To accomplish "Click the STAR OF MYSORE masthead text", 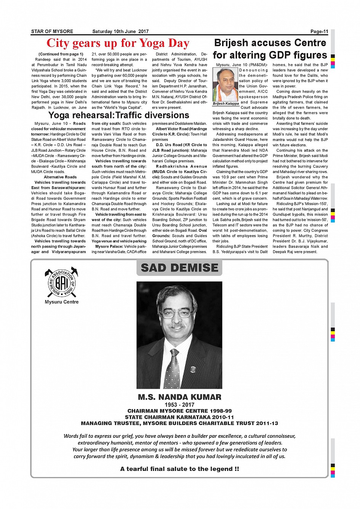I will (x=52, y=32).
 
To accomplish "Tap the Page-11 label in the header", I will (x=319, y=32).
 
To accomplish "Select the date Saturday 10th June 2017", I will (x=120, y=32).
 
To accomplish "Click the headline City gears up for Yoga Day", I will (x=118, y=43).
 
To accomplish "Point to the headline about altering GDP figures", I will (x=270, y=49).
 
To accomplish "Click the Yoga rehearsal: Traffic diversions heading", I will (x=119, y=115).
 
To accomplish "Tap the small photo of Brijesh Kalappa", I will (x=226, y=85).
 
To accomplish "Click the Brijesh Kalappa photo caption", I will (x=226, y=104).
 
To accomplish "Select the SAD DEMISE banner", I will (x=179, y=268).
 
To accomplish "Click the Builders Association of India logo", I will (x=61, y=283).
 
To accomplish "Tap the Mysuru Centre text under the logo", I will (x=62, y=302).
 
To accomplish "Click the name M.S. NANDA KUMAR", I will (x=179, y=397).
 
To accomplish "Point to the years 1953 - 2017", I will (x=179, y=405).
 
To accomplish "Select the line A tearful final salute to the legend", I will (x=179, y=469).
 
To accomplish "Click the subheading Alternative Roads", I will (x=60, y=177).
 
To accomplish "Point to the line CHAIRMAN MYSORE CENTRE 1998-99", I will (x=179, y=411).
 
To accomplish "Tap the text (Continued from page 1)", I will (x=61, y=54).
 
